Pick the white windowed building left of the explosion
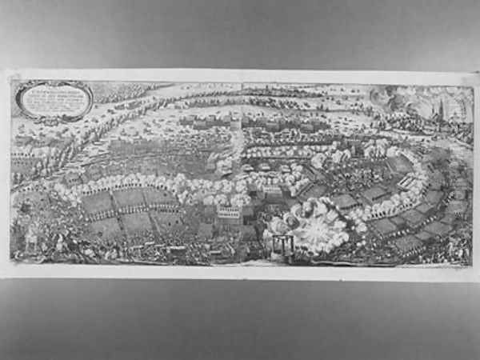pos(229,212)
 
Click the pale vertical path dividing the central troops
pos(236,144)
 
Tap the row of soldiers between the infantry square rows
pos(128,211)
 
